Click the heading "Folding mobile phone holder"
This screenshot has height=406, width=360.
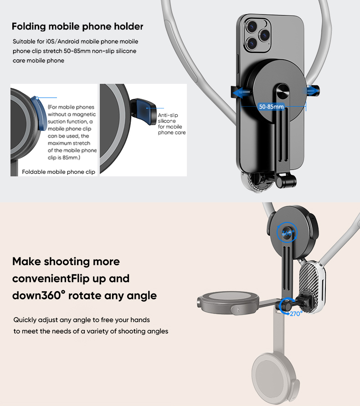coord(77,26)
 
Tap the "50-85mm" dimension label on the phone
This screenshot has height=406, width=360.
coord(271,107)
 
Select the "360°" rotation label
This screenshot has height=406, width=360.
coord(288,233)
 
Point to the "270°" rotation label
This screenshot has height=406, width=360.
coord(296,313)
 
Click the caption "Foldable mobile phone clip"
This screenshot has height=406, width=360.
coord(59,172)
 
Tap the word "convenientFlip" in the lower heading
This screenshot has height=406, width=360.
coord(48,278)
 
